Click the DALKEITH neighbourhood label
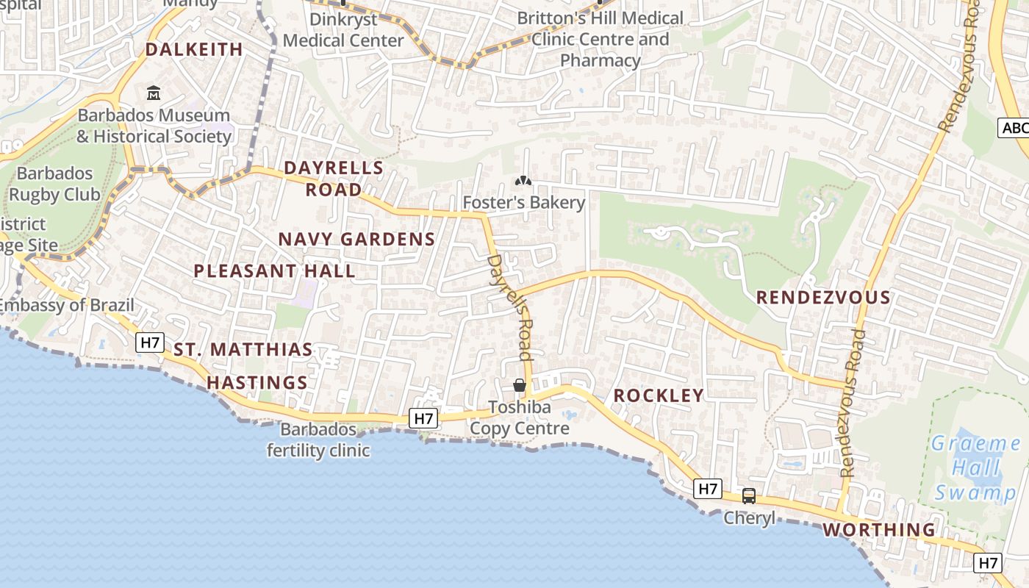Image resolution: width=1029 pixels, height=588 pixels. (194, 49)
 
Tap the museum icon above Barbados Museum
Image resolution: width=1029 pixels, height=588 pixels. (154, 93)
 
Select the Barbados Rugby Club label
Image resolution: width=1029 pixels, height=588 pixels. (54, 184)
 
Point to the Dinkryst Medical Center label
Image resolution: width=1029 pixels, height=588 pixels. (343, 29)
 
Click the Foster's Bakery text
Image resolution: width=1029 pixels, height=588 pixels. (523, 202)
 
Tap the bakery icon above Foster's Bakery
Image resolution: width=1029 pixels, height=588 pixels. (523, 181)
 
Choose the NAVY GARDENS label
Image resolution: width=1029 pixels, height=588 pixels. (356, 239)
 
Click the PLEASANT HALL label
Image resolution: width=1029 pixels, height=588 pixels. (274, 270)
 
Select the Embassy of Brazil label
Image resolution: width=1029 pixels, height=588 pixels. (67, 305)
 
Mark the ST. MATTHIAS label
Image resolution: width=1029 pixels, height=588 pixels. (243, 350)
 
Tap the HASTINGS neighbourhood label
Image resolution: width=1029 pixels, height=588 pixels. (257, 383)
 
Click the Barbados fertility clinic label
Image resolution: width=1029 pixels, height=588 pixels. (318, 440)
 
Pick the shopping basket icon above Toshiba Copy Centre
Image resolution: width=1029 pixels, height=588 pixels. (520, 386)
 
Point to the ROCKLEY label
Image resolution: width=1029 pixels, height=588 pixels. (659, 395)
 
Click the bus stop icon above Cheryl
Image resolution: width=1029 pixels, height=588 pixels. (749, 496)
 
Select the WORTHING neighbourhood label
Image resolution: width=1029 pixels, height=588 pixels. (878, 530)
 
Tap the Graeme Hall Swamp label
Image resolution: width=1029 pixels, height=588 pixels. (975, 467)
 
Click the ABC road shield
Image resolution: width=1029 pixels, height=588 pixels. (1015, 129)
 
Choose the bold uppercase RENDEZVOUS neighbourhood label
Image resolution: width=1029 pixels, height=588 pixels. (823, 298)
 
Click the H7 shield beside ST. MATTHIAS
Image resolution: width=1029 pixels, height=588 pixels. (150, 343)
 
